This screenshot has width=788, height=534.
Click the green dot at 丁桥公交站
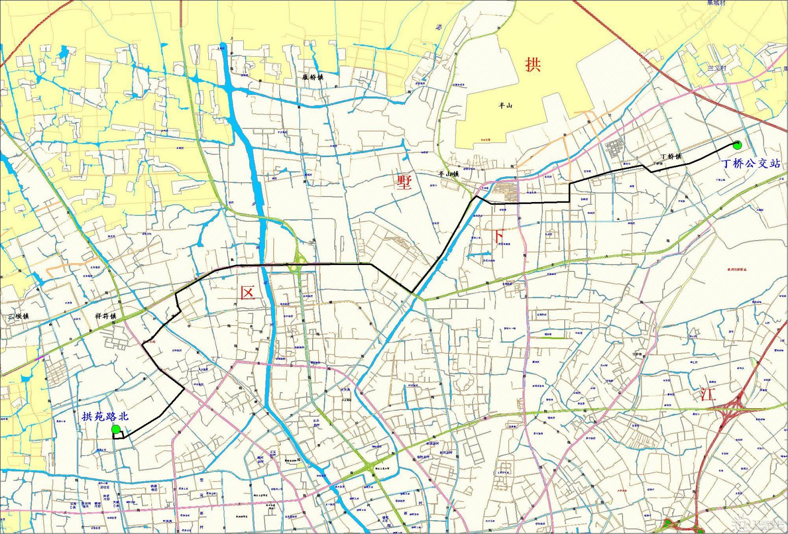[x=737, y=145]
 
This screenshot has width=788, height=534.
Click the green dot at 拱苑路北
[x=116, y=430]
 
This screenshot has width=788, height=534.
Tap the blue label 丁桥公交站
[x=751, y=163]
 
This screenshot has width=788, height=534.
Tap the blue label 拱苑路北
[x=105, y=417]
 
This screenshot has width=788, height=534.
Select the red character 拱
[x=532, y=64]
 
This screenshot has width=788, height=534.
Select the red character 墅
[x=404, y=182]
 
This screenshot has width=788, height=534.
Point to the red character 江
[x=708, y=394]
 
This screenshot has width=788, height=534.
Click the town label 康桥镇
[x=313, y=77]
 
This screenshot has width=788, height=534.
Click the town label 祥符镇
[x=105, y=316]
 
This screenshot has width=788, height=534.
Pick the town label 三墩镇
[x=18, y=316]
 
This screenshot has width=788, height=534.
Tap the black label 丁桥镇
[x=671, y=156]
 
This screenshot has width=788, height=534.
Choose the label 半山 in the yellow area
[x=505, y=105]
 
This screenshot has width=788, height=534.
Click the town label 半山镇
[x=448, y=173]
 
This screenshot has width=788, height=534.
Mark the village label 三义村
[x=717, y=67]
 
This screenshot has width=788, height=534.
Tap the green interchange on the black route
[x=297, y=267]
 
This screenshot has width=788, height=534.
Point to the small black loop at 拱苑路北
[x=118, y=435]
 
